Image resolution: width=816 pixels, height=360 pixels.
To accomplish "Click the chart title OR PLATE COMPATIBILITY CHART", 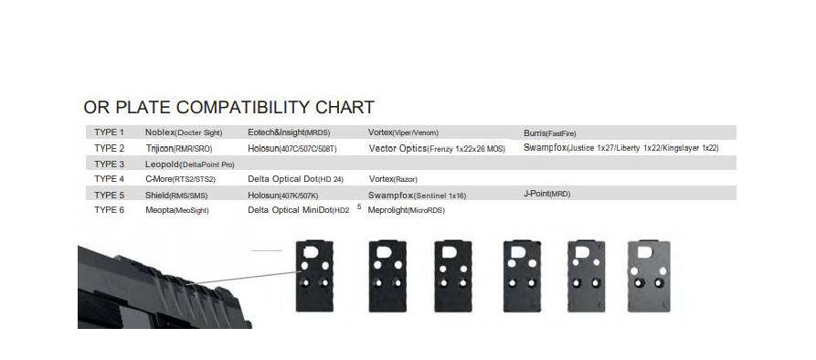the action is pyautogui.click(x=228, y=107).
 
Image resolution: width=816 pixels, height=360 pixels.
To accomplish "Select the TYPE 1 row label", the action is pyautogui.click(x=110, y=132).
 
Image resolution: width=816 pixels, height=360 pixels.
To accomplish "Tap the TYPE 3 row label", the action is pyautogui.click(x=110, y=164).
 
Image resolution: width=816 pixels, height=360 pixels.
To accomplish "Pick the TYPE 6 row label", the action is pyautogui.click(x=110, y=209).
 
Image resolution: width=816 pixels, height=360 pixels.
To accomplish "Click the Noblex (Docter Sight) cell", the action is pyautogui.click(x=184, y=132).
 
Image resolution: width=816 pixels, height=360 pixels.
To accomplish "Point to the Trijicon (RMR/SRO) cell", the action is pyautogui.click(x=179, y=148).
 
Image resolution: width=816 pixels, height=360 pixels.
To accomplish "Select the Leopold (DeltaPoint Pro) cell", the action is pyautogui.click(x=190, y=164).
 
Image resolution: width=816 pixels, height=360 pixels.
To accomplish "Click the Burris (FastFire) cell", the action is pyautogui.click(x=550, y=133).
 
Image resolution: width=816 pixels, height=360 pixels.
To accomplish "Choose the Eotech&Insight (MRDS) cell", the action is pyautogui.click(x=289, y=132).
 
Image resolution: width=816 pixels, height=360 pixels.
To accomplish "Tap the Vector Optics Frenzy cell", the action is pyautogui.click(x=437, y=148).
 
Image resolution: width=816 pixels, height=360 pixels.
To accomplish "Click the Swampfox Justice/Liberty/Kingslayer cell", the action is pyautogui.click(x=621, y=148).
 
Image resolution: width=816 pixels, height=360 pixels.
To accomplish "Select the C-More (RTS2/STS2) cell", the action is pyautogui.click(x=180, y=179).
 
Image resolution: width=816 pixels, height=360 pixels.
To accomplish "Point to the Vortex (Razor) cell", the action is pyautogui.click(x=393, y=179).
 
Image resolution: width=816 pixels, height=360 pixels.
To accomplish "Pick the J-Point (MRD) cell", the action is pyautogui.click(x=547, y=194).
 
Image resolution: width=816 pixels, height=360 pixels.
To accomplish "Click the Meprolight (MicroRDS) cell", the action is pyautogui.click(x=407, y=210).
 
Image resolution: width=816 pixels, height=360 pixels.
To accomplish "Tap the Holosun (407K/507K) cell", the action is pyautogui.click(x=283, y=196).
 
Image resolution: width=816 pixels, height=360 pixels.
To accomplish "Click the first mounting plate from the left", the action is pyautogui.click(x=314, y=276).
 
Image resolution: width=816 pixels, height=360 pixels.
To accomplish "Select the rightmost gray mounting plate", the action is pyautogui.click(x=649, y=276).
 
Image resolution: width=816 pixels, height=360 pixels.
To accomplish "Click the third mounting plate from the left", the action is pyautogui.click(x=453, y=276).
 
